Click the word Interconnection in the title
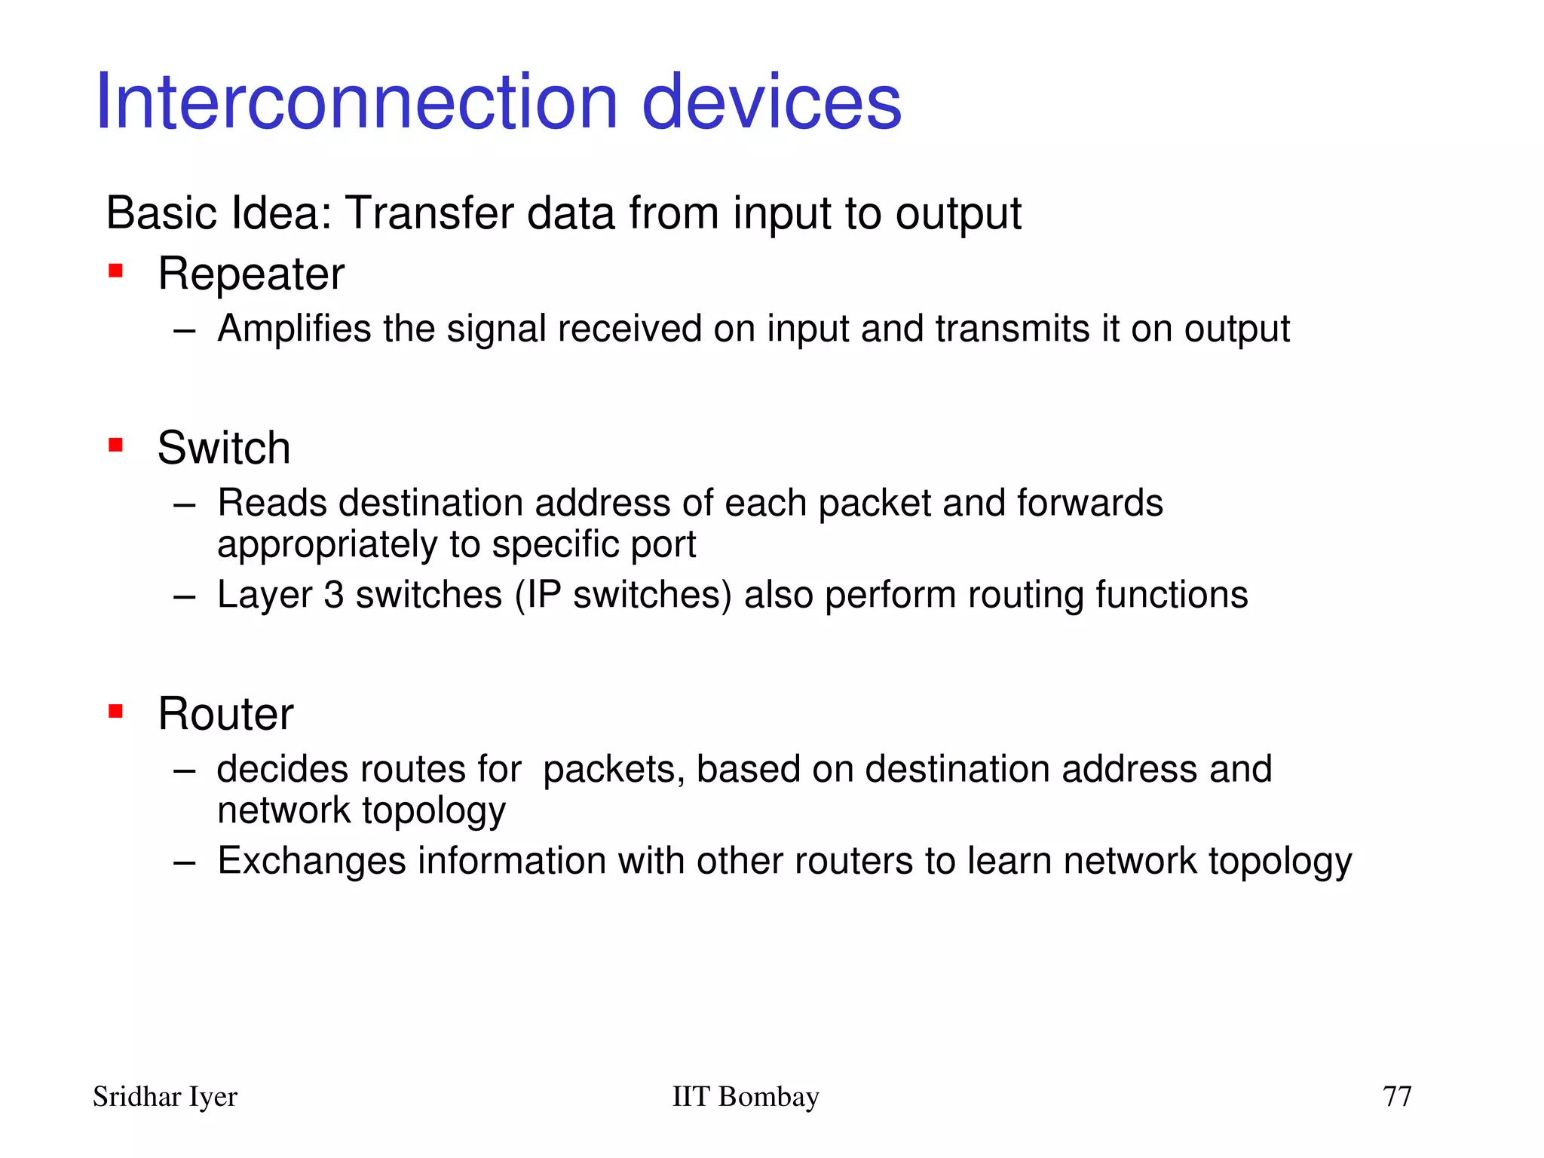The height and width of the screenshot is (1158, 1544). click(x=357, y=102)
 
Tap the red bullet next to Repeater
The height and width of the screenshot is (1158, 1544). click(x=115, y=271)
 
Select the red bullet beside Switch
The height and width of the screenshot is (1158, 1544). click(x=115, y=445)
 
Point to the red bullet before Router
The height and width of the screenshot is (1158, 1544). click(x=115, y=711)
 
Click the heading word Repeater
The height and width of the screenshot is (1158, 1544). click(x=250, y=274)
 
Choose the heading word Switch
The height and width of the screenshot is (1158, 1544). click(x=223, y=448)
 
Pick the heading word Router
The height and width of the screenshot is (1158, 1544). click(x=225, y=714)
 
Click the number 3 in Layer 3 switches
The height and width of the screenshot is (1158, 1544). click(x=334, y=595)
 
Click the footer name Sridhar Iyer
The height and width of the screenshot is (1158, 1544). click(x=164, y=1097)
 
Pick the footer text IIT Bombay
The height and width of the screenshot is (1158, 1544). click(x=745, y=1097)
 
